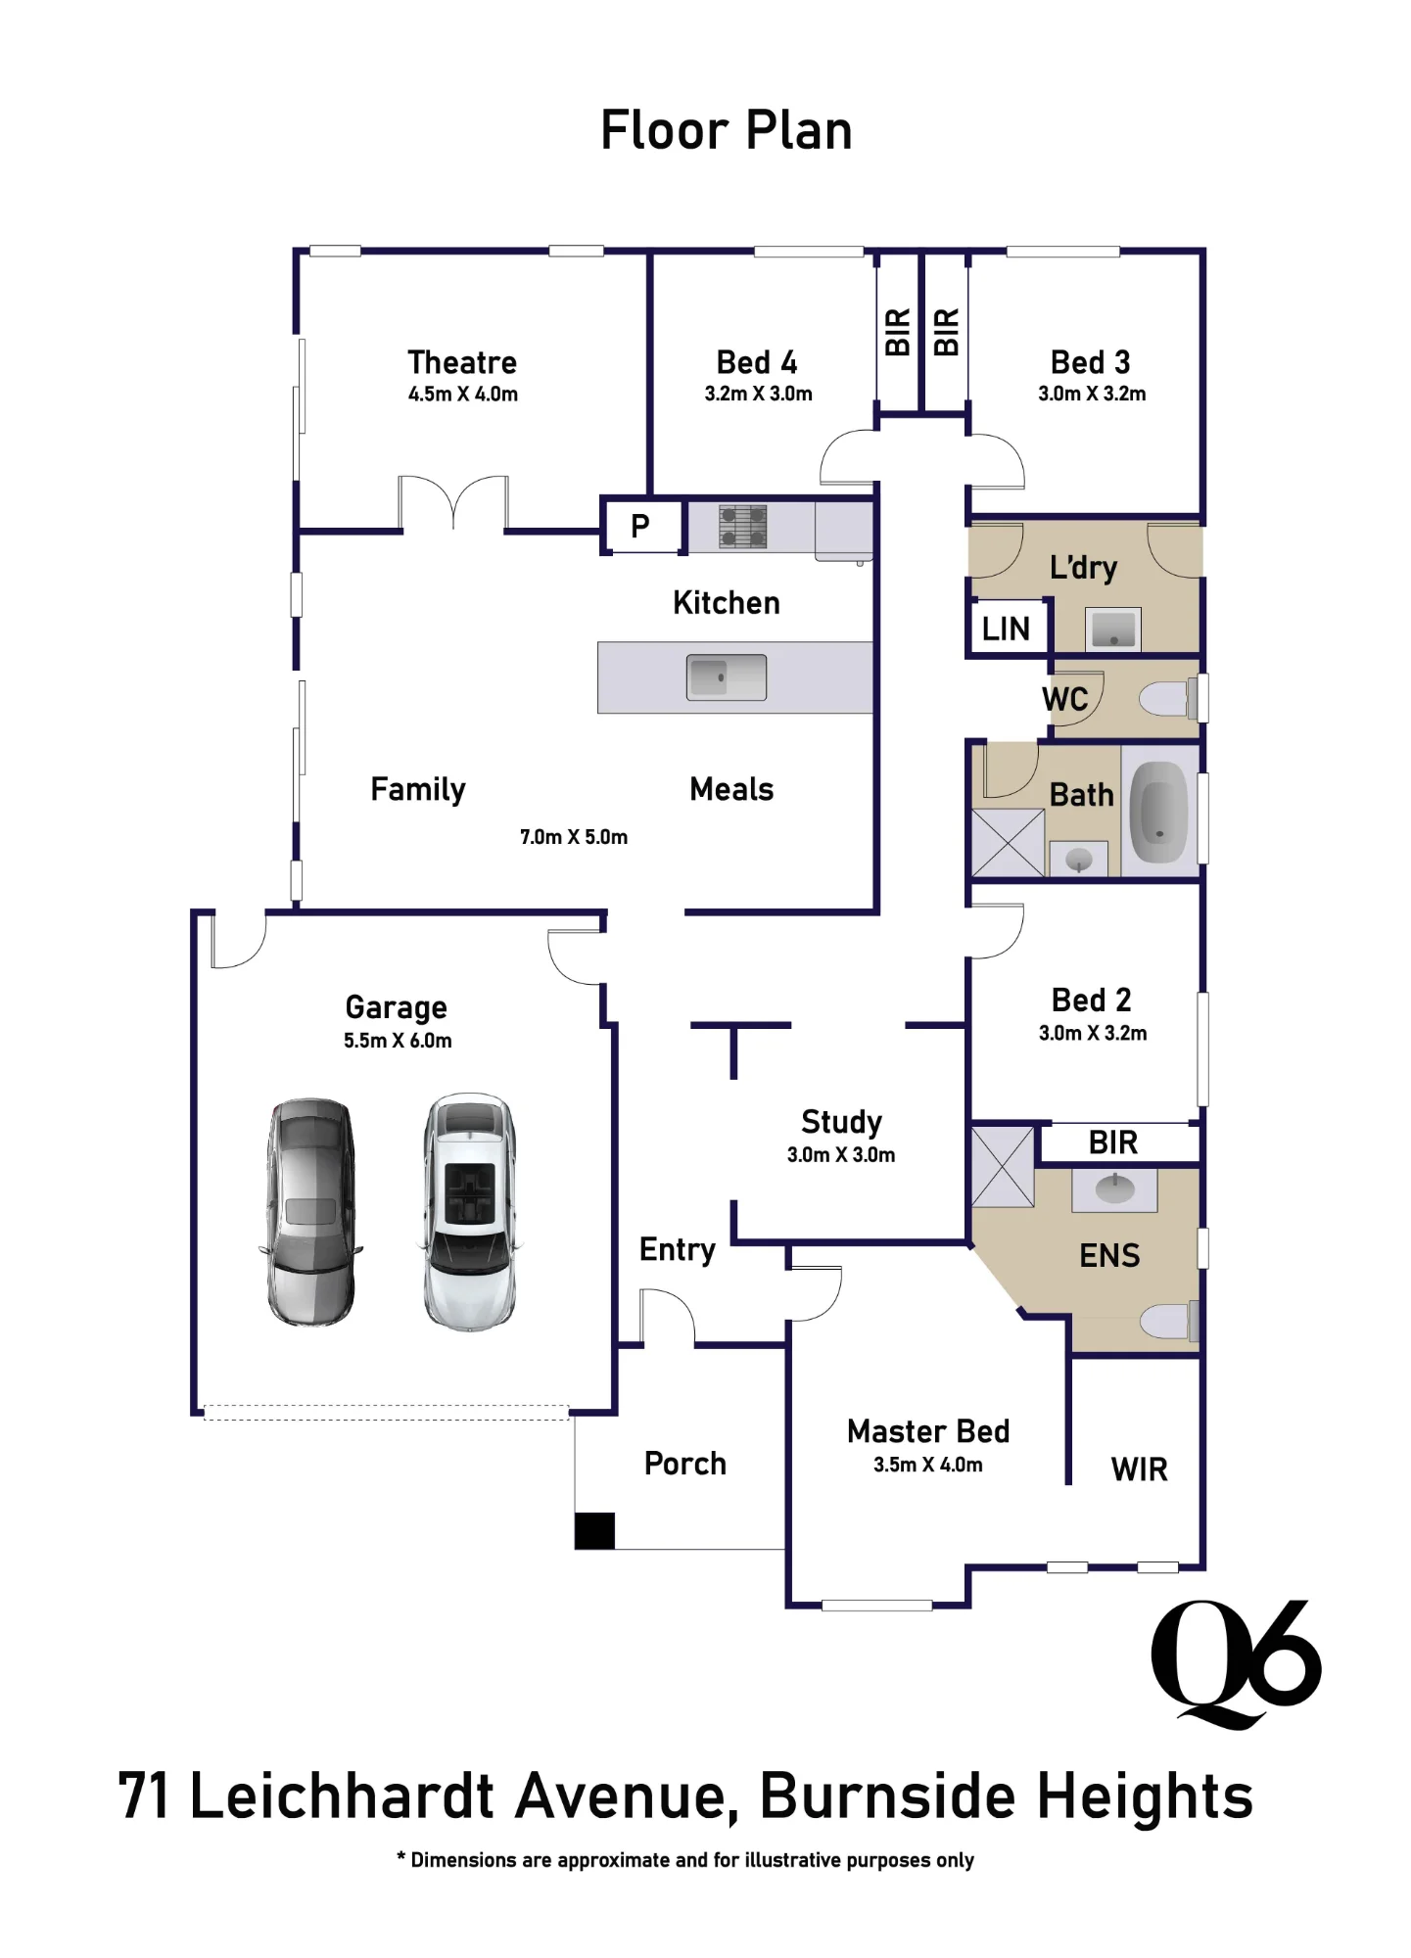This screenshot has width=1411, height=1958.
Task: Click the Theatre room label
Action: point(462,362)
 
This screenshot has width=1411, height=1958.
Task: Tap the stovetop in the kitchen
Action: point(742,526)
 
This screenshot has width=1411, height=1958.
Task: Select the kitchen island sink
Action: point(727,676)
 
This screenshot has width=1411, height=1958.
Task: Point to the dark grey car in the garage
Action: point(311,1212)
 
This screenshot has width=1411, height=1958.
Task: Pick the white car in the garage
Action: point(470,1212)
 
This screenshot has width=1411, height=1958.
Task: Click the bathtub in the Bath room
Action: point(1160,811)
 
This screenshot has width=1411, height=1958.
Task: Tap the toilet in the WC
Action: point(1168,699)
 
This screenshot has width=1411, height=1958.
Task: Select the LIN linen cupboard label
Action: point(1006,629)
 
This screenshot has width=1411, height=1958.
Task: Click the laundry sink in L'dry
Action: point(1113,629)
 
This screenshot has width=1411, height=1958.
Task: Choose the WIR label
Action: point(1140,1469)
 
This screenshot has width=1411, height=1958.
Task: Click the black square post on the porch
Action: point(594,1531)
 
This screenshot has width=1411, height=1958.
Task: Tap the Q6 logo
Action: point(1236,1663)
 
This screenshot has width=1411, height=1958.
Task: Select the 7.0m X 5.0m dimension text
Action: point(574,837)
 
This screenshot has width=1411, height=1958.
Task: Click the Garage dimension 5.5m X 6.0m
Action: point(398,1041)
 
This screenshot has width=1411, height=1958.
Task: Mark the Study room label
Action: point(842,1122)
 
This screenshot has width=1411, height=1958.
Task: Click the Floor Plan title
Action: point(726,130)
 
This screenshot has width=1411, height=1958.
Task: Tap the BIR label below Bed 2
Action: point(1113,1142)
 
